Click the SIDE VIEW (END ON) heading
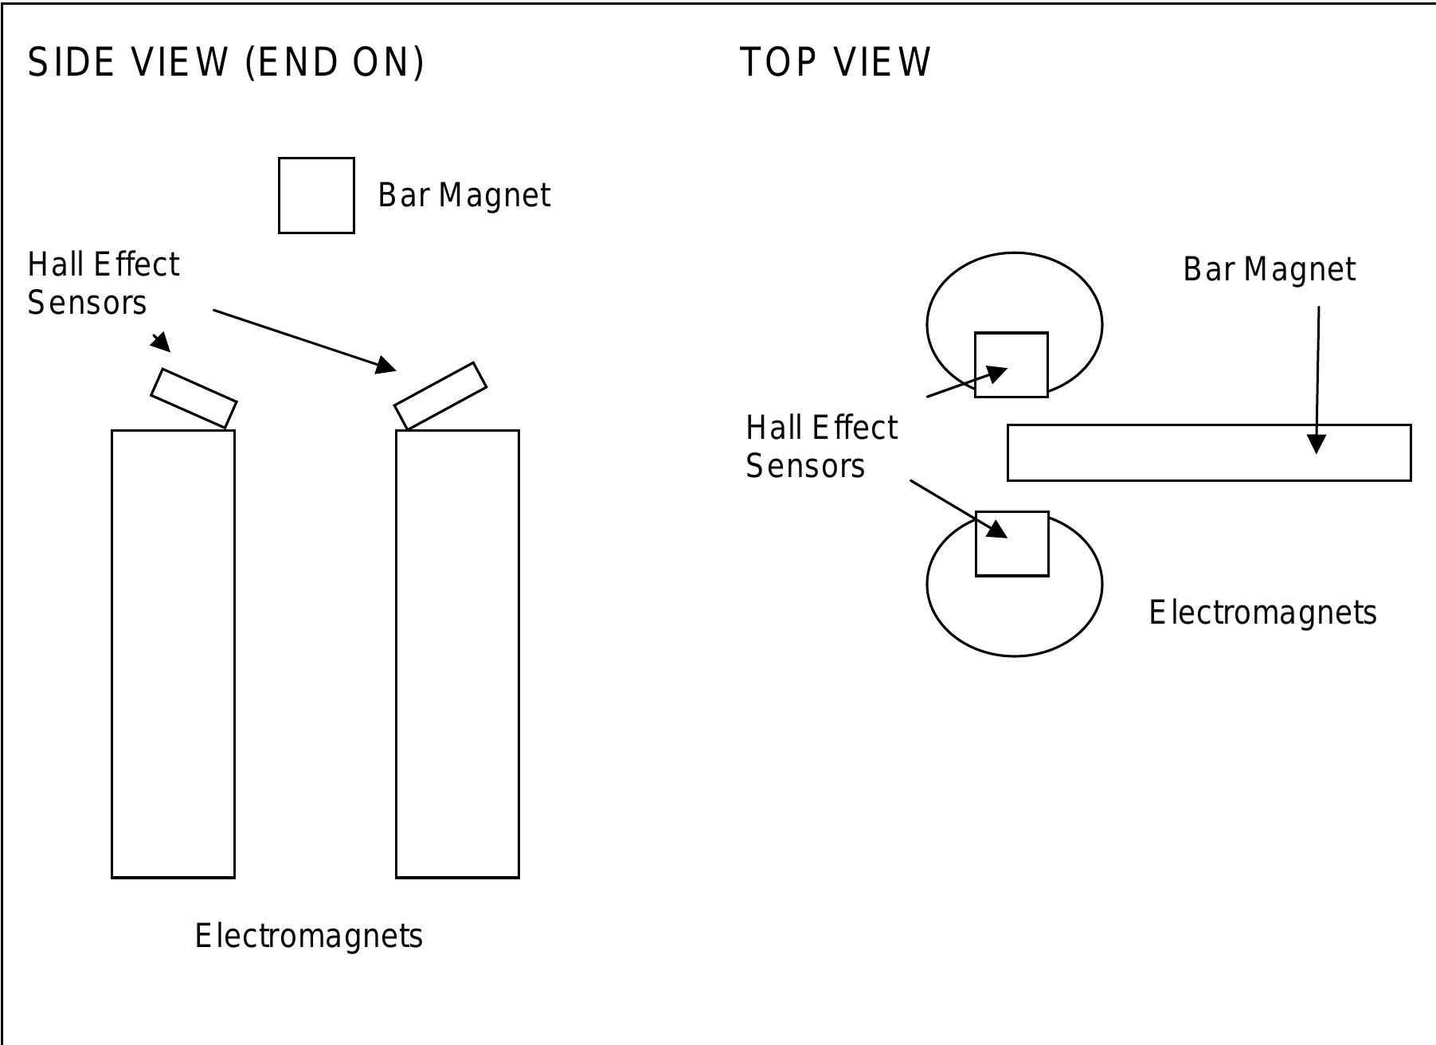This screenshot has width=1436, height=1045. click(x=226, y=62)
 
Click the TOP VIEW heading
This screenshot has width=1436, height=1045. click(x=835, y=62)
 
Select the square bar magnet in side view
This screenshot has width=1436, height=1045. click(x=316, y=195)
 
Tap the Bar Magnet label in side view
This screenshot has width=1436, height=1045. click(x=464, y=196)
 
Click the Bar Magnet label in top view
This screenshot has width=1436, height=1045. click(x=1269, y=270)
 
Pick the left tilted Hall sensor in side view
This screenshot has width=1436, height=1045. click(x=194, y=398)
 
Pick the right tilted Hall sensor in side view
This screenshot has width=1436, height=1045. click(x=440, y=396)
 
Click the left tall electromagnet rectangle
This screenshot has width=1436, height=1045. click(x=173, y=653)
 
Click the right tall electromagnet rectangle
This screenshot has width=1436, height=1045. click(x=457, y=653)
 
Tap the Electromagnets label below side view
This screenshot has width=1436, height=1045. click(x=309, y=936)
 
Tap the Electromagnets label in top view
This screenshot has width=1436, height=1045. click(x=1262, y=613)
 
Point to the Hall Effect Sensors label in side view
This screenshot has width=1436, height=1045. click(x=104, y=284)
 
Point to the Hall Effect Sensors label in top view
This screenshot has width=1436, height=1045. click(x=821, y=447)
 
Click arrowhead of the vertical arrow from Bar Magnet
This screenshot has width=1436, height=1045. click(x=1317, y=444)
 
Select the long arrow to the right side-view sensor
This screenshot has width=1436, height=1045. click(x=303, y=339)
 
